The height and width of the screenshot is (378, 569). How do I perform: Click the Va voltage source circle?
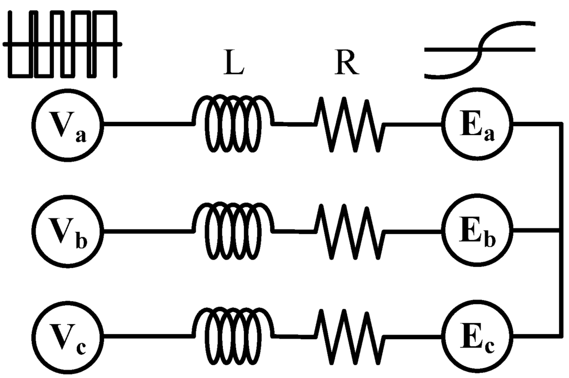click(x=68, y=125)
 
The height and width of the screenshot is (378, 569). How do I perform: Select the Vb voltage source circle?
click(x=68, y=231)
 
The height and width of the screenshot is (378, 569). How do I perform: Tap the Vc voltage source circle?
click(x=68, y=336)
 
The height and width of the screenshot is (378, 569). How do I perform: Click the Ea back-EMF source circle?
click(x=478, y=125)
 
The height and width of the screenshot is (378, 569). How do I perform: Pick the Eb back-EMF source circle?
click(x=478, y=231)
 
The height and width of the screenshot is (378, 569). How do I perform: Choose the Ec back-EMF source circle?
click(x=478, y=336)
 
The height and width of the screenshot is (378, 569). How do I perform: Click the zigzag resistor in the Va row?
click(x=349, y=125)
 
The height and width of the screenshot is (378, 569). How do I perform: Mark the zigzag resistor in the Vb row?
click(x=349, y=231)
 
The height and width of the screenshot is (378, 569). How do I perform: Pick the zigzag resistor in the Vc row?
click(x=349, y=336)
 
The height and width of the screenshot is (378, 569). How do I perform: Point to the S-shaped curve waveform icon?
click(x=479, y=49)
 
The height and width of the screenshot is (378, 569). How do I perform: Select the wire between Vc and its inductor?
click(x=148, y=336)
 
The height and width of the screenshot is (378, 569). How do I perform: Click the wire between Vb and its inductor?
click(x=148, y=231)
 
